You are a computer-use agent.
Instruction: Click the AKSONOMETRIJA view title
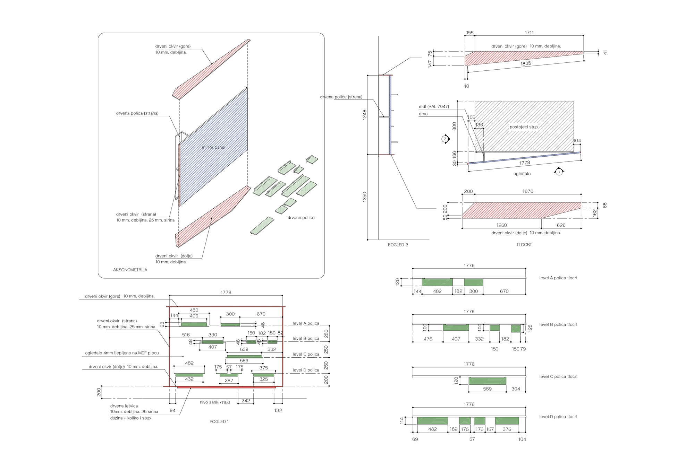pyautogui.click(x=130, y=270)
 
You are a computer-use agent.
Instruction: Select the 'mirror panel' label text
pyautogui.click(x=213, y=147)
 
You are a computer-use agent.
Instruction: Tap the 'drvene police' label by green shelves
pyautogui.click(x=301, y=218)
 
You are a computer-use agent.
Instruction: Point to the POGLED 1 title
pyautogui.click(x=219, y=422)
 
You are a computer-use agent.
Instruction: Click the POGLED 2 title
pyautogui.click(x=398, y=245)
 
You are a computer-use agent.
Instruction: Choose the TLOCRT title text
pyautogui.click(x=524, y=245)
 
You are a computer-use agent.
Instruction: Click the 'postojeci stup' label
pyautogui.click(x=524, y=127)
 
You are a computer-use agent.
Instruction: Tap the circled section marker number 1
pyautogui.click(x=559, y=172)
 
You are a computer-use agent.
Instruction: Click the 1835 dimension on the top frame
pyautogui.click(x=525, y=63)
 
